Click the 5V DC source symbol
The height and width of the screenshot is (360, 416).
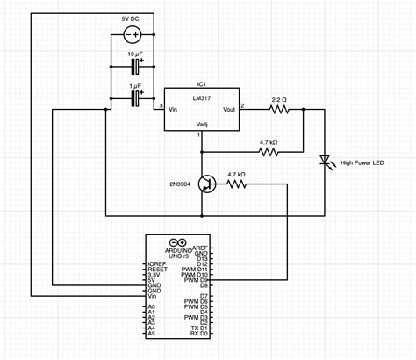pos(133,36)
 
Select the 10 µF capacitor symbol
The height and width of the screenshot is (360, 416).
pos(136,68)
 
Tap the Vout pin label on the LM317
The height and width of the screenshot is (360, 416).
pos(228,110)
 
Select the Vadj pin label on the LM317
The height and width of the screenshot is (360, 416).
pos(201,126)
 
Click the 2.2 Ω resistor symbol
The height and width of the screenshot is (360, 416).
pos(280,110)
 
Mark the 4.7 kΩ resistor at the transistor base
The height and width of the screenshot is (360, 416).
pos(236,184)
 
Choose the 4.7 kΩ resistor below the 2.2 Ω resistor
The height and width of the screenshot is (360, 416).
pos(269,152)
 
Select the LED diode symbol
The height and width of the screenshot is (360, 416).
pos(326,162)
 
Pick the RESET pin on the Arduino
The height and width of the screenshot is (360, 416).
pos(157,269)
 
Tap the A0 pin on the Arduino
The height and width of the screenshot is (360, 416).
pos(152,307)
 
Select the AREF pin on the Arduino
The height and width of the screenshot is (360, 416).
pos(200,248)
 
